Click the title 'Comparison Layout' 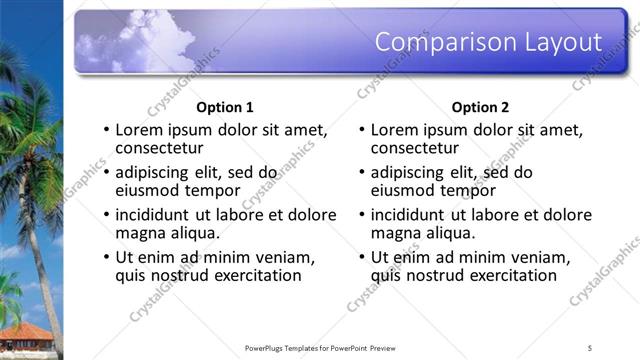488,41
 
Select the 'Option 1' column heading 225,107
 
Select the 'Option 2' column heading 480,107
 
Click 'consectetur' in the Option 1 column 160,149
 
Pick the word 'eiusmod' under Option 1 148,191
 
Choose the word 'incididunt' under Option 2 410,214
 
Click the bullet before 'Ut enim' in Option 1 107,257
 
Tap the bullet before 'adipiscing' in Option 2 362,173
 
